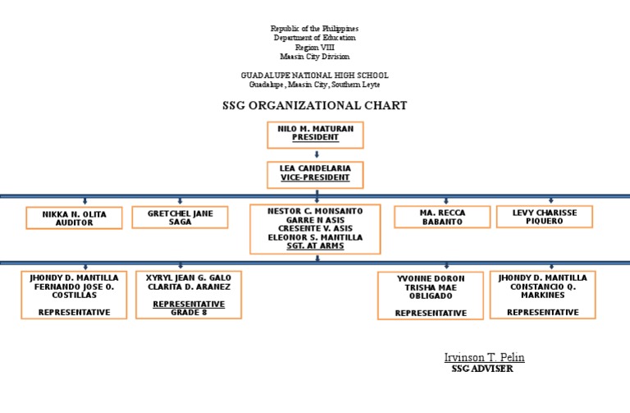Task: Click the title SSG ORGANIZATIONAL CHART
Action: pos(315,106)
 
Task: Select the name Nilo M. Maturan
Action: pos(315,129)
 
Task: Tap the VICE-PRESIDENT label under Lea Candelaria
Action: pos(315,177)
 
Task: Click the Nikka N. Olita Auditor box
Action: pos(74,218)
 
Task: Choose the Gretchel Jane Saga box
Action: pos(180,218)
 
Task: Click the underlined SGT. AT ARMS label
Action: pos(315,246)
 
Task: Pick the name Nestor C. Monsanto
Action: pos(315,211)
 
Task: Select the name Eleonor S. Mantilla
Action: pos(315,237)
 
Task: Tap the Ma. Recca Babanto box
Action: pos(442,217)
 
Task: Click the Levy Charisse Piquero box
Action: pos(544,217)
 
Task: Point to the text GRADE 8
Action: pos(189,312)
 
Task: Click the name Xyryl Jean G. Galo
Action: pos(189,278)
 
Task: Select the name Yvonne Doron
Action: pos(431,278)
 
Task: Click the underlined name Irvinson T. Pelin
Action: pos(484,357)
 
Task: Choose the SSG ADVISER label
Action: pos(482,369)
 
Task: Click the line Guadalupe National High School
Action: pos(315,76)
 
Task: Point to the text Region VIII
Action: pos(315,48)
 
